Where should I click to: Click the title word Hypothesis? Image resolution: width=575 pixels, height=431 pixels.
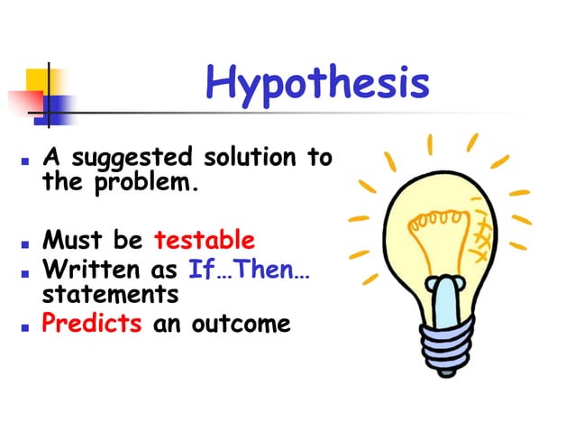click(316, 84)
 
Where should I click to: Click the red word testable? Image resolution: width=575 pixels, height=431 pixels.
click(205, 241)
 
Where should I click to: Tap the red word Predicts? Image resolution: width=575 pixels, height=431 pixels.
click(92, 322)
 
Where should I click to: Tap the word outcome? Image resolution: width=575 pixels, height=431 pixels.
click(242, 322)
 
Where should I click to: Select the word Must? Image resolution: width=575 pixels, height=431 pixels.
click(71, 241)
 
